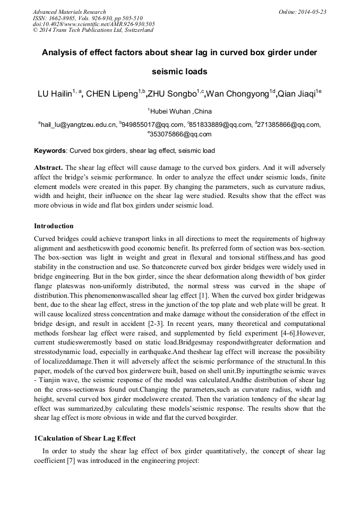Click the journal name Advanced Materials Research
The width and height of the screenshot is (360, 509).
[69, 12]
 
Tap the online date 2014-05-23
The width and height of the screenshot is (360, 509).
[313, 12]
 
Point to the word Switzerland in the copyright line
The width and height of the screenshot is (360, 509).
[139, 30]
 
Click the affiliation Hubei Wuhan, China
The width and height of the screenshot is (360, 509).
[181, 111]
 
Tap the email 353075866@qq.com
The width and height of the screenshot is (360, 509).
[181, 134]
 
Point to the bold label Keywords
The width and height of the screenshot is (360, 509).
[50, 151]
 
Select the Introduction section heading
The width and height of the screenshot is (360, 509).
[54, 226]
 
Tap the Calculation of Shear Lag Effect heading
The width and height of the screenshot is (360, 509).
[85, 438]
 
